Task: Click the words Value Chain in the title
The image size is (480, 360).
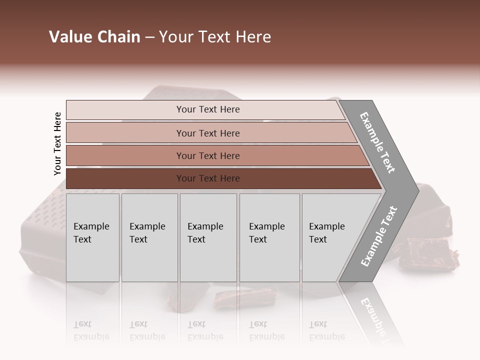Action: coord(94,37)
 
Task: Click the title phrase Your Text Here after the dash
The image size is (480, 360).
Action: coord(215,37)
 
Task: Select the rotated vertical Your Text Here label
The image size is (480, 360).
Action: coord(57,143)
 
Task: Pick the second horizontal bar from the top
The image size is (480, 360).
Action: coord(207,133)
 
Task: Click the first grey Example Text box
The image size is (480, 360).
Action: coord(92,237)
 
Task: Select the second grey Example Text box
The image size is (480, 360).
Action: coord(149,237)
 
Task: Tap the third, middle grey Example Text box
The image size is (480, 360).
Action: coord(208,237)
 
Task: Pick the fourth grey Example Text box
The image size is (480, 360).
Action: coord(269,237)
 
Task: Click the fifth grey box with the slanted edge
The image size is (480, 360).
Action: coord(330,237)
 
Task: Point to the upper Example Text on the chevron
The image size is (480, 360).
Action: coord(377,142)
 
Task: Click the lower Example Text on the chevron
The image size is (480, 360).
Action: coord(378,236)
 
